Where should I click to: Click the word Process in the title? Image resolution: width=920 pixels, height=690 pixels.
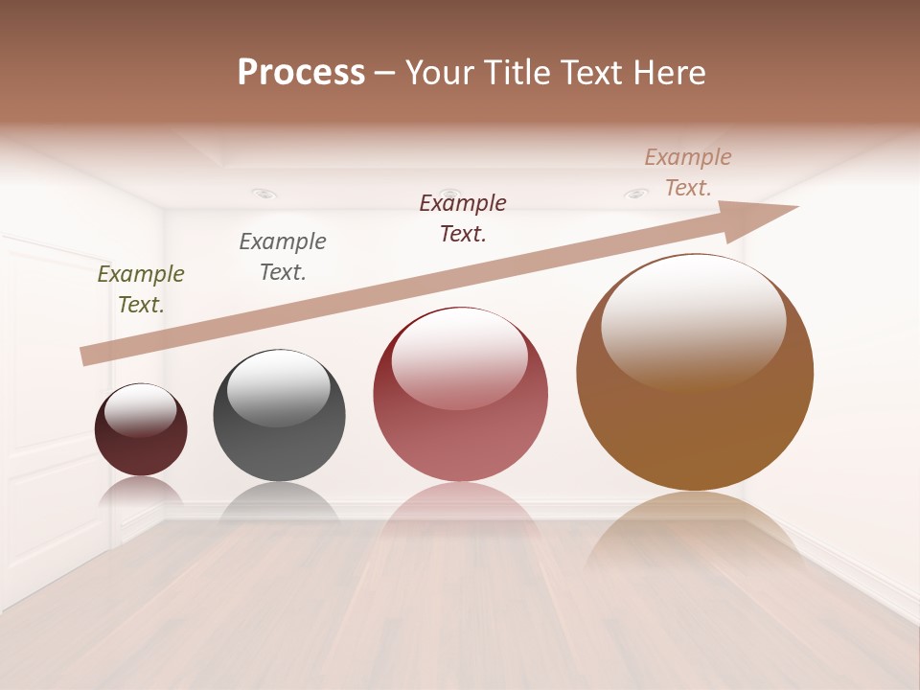point(301,73)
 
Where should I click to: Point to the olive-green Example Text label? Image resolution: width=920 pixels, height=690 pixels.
point(141,289)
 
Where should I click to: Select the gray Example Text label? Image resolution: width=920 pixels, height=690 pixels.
point(283,257)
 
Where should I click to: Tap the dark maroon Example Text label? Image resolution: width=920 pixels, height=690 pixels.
point(463,218)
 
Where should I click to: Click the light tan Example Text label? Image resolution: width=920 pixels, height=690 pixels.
point(688,172)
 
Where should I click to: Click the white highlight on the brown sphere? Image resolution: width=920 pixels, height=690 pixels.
point(693,321)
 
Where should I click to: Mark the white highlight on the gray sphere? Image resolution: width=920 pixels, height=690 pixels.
point(278,388)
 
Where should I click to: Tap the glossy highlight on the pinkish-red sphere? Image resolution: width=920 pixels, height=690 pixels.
point(459,356)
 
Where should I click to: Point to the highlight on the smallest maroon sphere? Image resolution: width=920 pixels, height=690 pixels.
point(140,410)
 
